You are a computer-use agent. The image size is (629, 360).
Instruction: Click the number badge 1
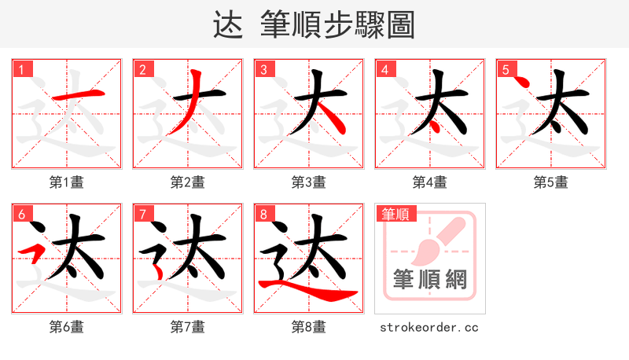tap(21, 70)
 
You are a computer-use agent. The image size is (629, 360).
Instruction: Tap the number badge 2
tap(142, 70)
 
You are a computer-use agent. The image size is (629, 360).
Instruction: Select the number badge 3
tap(263, 70)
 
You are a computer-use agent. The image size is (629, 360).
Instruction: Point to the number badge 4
tap(384, 70)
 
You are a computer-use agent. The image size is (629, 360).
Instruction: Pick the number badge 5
tap(506, 70)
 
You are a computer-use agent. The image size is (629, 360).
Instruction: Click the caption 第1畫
tap(66, 182)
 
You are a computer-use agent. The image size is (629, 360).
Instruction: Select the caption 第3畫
tap(308, 182)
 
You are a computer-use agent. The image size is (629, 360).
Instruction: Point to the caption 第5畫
tap(550, 182)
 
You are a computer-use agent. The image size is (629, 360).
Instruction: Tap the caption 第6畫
tap(66, 327)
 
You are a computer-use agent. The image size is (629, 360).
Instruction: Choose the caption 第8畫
tap(308, 327)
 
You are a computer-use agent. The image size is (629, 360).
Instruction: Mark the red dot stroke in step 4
tap(434, 125)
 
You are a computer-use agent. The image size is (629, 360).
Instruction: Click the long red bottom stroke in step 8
tap(314, 292)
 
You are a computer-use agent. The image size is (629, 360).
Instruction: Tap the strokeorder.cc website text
tap(429, 327)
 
